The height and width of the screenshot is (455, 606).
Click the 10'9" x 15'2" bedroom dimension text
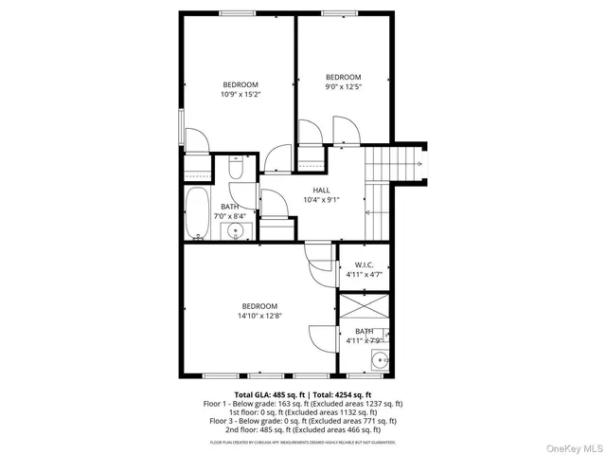(x=241, y=94)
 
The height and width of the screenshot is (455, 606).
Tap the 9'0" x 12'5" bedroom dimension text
(x=344, y=86)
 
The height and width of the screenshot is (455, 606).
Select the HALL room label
(x=322, y=191)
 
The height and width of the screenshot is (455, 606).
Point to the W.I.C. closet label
(x=365, y=264)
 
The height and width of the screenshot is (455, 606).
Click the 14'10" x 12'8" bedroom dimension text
(x=259, y=315)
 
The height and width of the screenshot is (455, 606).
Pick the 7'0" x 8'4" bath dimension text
(x=229, y=216)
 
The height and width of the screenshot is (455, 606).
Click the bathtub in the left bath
(x=198, y=213)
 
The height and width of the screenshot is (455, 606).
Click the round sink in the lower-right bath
(x=381, y=359)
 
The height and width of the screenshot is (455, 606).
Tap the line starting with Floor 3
(x=303, y=420)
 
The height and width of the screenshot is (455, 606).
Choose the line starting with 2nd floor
(x=303, y=428)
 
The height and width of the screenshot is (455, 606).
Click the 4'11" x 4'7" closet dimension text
(x=365, y=275)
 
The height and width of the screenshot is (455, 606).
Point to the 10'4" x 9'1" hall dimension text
(x=322, y=200)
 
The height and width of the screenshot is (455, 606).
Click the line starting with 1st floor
(x=303, y=411)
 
